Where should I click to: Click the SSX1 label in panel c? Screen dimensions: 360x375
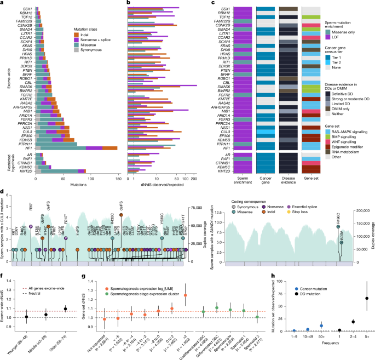click(x=222, y=9)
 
